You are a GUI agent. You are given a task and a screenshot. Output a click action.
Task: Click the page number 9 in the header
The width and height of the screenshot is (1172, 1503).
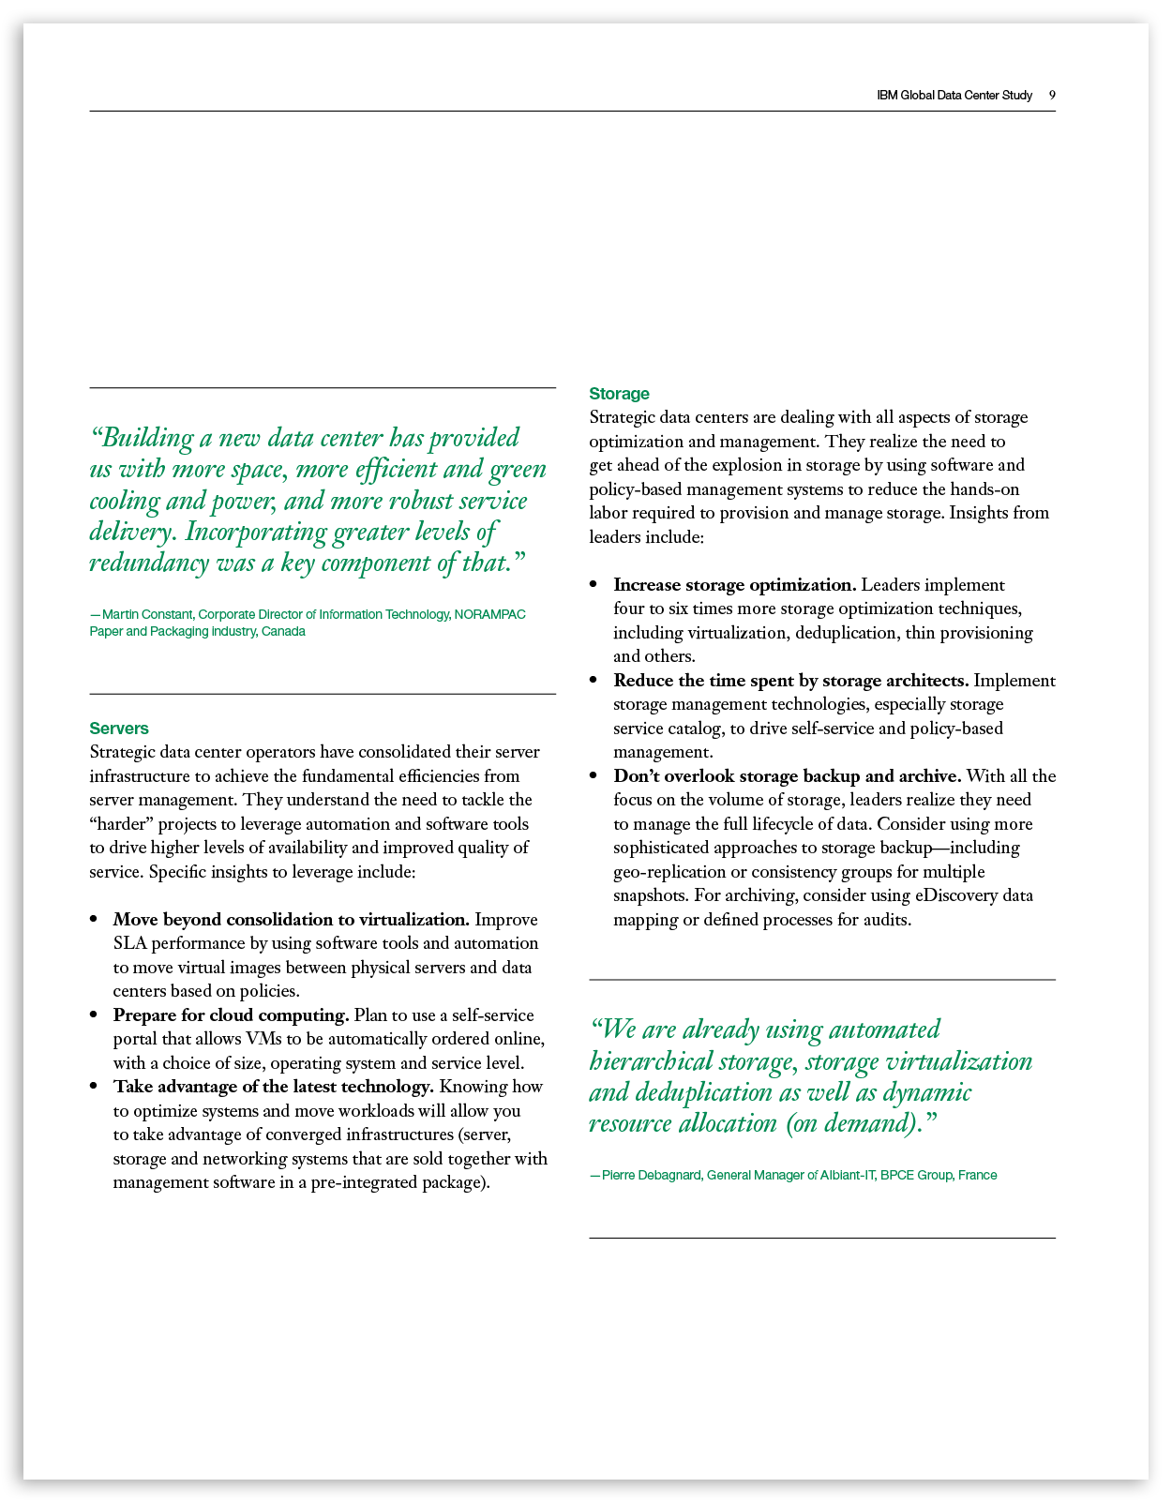coord(1052,96)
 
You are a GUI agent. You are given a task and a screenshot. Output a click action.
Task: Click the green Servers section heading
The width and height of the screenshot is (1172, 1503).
coord(119,729)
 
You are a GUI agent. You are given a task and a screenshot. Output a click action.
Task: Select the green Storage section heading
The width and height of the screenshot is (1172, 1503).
coord(619,394)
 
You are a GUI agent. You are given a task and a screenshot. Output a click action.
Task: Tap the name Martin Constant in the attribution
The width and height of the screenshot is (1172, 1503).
coord(146,615)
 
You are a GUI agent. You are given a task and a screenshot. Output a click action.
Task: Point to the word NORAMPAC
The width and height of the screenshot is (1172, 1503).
coord(489,615)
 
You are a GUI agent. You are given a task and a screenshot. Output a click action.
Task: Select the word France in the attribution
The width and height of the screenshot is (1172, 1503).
coord(977,1176)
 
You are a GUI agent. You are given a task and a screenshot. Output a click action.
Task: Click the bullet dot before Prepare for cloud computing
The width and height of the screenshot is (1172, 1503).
coord(94,1015)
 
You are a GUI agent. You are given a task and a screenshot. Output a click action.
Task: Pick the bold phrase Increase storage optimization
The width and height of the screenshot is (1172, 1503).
coord(734,585)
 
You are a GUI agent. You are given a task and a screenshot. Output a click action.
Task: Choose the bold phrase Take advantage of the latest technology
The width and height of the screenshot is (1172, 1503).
coord(273,1087)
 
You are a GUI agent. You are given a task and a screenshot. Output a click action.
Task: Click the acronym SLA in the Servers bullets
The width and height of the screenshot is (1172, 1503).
coord(129,943)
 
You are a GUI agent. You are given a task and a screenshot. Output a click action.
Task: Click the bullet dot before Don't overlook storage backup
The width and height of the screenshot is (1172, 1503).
coord(594,776)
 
